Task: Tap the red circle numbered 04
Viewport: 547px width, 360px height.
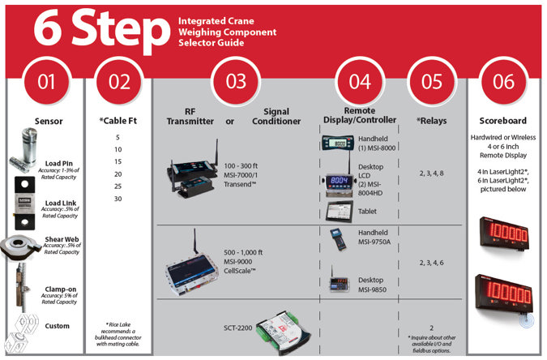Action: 359,82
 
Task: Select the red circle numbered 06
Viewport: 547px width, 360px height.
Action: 502,82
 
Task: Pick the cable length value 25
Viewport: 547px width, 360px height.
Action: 118,186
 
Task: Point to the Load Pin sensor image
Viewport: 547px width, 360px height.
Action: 25,153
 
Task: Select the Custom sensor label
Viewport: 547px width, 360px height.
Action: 58,326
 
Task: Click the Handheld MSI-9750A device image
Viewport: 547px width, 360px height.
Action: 335,240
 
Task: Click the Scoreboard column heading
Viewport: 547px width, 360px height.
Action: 502,122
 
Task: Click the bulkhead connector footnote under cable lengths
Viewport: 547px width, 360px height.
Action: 118,332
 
